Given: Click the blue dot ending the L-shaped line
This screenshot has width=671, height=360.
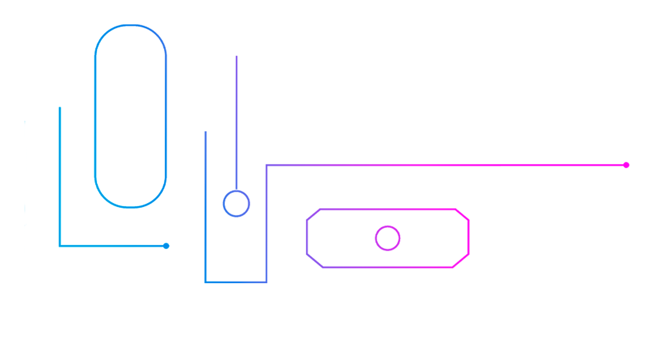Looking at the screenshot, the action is tap(166, 246).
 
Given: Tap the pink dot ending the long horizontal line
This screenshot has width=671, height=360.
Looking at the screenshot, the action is tap(626, 165).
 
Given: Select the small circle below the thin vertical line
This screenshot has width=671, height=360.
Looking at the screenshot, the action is tap(236, 204).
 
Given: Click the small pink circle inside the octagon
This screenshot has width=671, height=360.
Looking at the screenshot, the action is tap(387, 238).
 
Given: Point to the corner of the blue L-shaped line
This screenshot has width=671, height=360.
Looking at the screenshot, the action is tap(60, 246).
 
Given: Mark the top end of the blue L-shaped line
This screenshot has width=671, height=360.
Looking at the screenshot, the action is tap(60, 107).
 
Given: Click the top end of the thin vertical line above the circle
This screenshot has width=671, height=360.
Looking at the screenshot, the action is tap(236, 56).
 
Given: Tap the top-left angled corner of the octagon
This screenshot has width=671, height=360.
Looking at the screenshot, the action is tap(313, 214).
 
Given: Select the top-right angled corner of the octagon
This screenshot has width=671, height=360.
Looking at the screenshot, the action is tap(462, 214).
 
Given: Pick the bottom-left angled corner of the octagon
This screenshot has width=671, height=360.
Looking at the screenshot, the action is tap(314, 260).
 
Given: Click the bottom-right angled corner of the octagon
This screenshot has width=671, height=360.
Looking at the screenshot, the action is tap(461, 260).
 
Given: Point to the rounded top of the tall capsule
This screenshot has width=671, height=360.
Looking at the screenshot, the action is tap(131, 26).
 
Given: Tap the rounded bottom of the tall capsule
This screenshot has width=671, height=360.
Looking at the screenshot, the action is tap(131, 207).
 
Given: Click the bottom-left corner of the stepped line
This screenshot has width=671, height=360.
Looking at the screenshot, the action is tap(205, 282).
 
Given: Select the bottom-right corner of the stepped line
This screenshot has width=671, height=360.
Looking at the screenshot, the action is tap(266, 282).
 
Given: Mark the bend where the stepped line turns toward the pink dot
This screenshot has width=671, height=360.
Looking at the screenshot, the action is tap(267, 165).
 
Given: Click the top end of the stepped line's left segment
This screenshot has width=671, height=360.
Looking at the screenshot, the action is tap(205, 132).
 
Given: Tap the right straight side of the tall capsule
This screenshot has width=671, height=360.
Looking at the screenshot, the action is tap(166, 116).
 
